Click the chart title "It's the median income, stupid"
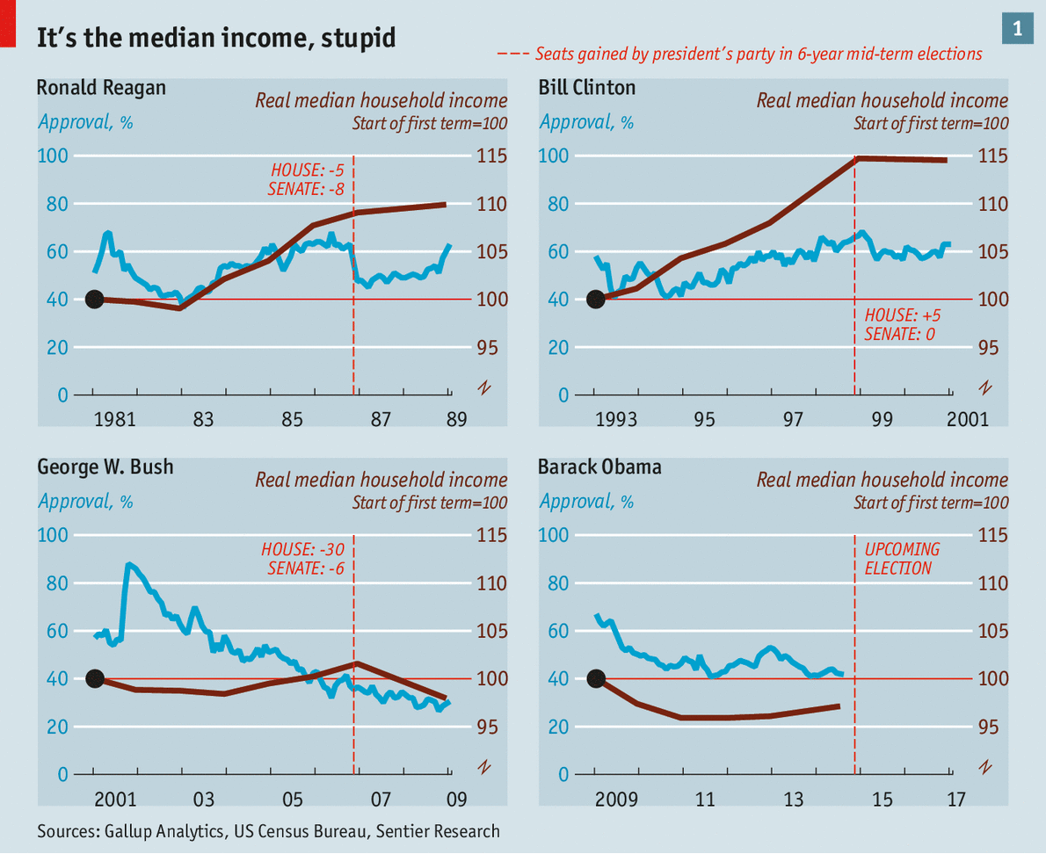click(215, 38)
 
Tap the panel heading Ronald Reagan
click(101, 88)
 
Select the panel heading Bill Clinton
click(586, 88)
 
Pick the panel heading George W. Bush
click(105, 467)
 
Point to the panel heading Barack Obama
click(599, 467)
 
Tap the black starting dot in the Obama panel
click(596, 679)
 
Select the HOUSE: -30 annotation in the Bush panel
click(302, 550)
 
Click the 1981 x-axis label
click(114, 420)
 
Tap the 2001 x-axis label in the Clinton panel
click(967, 420)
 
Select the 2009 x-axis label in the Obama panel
click(615, 800)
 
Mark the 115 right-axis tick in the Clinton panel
click(993, 156)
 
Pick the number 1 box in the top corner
click(1017, 29)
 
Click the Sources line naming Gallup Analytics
click(268, 831)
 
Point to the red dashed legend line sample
click(513, 54)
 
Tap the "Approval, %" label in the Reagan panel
click(85, 121)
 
